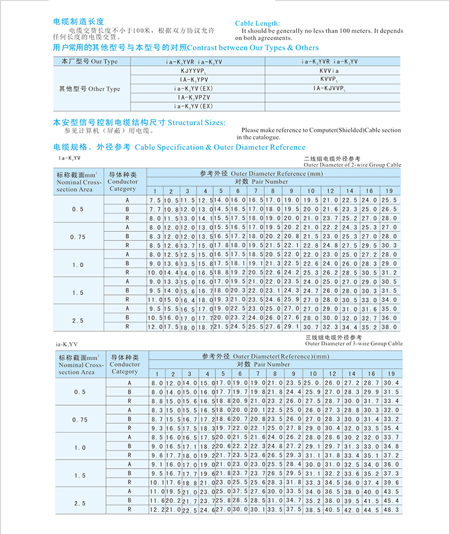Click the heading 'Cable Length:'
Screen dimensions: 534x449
pos(257,23)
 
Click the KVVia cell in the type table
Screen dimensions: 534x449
pos(329,71)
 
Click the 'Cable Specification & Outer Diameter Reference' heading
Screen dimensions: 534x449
pos(220,147)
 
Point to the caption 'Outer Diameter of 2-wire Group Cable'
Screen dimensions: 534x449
pos(353,164)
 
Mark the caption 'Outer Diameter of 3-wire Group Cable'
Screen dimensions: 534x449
pos(353,344)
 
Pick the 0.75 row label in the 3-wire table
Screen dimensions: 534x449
pos(78,420)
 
